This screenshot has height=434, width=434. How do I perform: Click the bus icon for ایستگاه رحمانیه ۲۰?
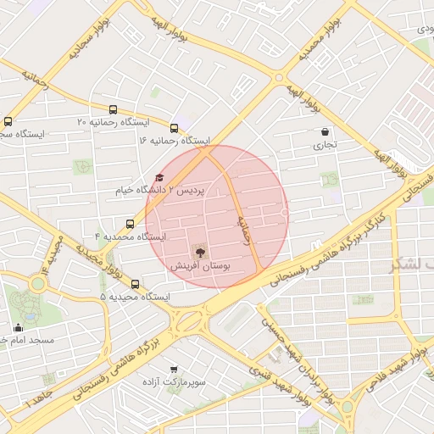click(x=113, y=109)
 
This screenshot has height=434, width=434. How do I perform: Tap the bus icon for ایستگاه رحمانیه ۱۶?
click(x=175, y=128)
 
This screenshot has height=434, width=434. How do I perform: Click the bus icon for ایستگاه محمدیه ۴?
click(x=130, y=224)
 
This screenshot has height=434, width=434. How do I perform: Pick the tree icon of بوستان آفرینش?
click(x=199, y=252)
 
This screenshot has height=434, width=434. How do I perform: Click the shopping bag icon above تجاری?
click(x=325, y=131)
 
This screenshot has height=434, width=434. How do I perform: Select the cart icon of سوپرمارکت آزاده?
click(x=174, y=370)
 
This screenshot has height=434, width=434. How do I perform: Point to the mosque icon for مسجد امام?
click(x=18, y=327)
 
